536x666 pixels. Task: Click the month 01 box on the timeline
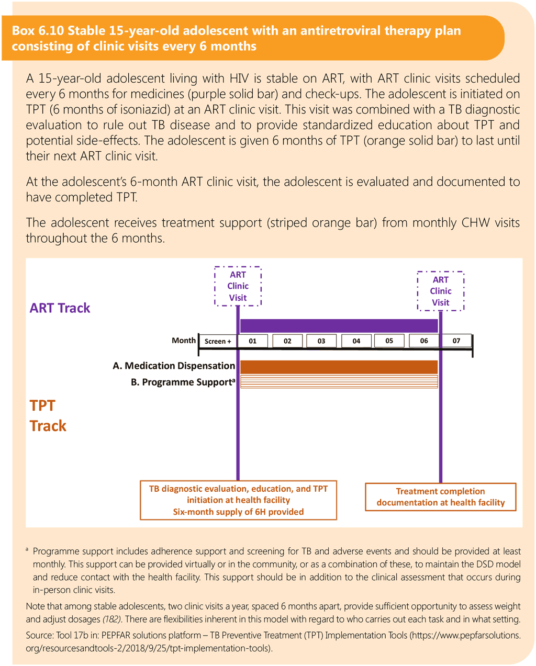point(253,341)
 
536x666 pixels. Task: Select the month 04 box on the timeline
point(356,341)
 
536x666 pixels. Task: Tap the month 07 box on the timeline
point(456,341)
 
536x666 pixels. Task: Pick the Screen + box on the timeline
point(218,341)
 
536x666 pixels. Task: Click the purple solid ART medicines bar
point(339,325)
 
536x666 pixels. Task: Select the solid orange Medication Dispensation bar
point(339,366)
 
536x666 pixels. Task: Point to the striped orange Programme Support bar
point(339,382)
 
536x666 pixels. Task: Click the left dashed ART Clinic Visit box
point(238,286)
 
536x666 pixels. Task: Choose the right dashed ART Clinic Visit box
point(441,291)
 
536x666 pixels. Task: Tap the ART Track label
point(60,308)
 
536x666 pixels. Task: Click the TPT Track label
point(48,415)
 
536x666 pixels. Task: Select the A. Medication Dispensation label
point(174,366)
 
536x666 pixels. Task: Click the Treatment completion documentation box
point(440,497)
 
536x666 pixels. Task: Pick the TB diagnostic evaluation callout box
point(238,500)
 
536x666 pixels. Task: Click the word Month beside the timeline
point(184,341)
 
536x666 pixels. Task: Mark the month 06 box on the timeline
point(423,341)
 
